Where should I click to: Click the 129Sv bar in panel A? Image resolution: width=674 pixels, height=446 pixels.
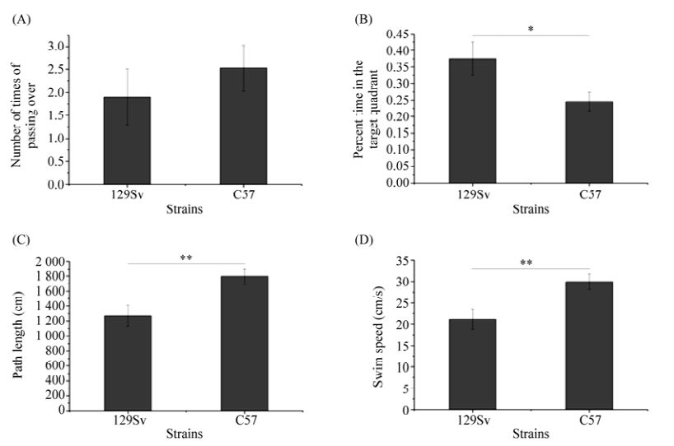click(x=127, y=141)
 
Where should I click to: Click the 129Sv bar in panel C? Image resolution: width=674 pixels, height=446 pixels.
click(x=127, y=362)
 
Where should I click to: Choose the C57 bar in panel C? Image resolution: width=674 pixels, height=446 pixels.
click(x=244, y=342)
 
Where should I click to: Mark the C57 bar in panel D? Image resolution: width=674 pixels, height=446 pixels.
click(x=588, y=346)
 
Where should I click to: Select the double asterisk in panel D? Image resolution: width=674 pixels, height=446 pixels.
click(x=531, y=263)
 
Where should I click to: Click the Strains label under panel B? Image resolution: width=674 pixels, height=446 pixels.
click(x=531, y=210)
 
